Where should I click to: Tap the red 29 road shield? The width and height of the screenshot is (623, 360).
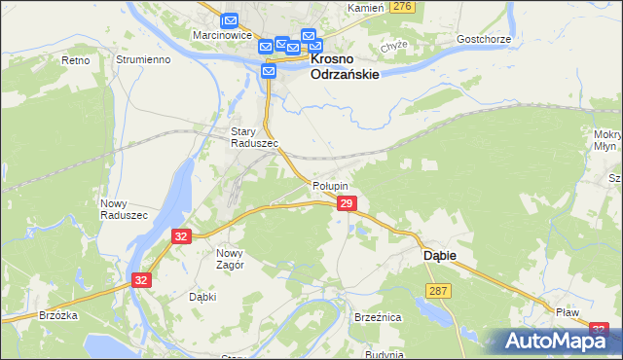pyautogui.click(x=347, y=203)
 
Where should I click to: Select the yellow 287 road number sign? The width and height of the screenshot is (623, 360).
pyautogui.click(x=437, y=291)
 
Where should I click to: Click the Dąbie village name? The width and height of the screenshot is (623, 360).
pyautogui.click(x=438, y=255)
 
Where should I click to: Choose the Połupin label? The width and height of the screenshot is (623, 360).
pyautogui.click(x=330, y=185)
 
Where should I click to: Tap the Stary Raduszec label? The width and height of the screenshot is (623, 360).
pyautogui.click(x=254, y=137)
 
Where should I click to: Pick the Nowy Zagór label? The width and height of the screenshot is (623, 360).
pyautogui.click(x=223, y=258)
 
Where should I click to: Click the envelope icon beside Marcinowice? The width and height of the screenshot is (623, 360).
pyautogui.click(x=230, y=19)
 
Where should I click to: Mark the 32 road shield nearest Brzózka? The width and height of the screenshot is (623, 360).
pyautogui.click(x=142, y=280)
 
